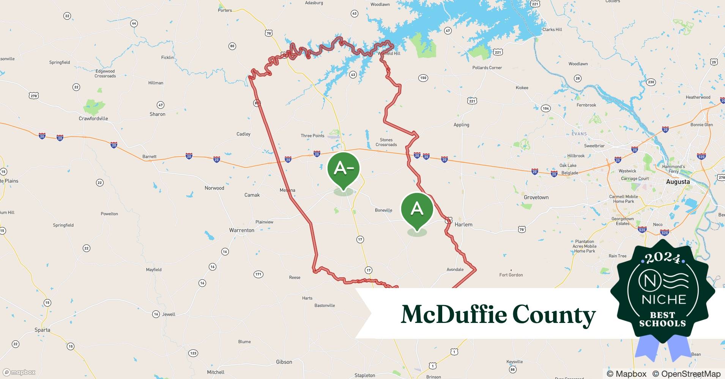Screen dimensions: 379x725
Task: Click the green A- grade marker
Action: (343, 169)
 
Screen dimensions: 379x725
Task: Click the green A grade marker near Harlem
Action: (417, 209)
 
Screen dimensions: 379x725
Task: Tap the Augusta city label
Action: (678, 182)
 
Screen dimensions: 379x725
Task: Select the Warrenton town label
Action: (241, 230)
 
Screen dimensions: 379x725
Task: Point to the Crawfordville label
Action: (93, 119)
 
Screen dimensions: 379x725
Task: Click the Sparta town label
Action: (42, 330)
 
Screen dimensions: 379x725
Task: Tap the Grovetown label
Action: (536, 197)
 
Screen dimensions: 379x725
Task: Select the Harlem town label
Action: (463, 225)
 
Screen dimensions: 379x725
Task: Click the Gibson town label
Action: (284, 362)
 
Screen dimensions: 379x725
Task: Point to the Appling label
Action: (461, 125)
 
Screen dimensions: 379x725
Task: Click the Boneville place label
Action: (383, 210)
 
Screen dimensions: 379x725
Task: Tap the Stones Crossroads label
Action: (386, 142)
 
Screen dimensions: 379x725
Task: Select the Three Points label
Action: (312, 136)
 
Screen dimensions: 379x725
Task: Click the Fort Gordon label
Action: (511, 275)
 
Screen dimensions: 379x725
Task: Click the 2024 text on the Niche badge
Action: (663, 258)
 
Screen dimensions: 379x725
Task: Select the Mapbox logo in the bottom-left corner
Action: (19, 372)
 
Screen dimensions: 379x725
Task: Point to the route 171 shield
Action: (258, 274)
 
